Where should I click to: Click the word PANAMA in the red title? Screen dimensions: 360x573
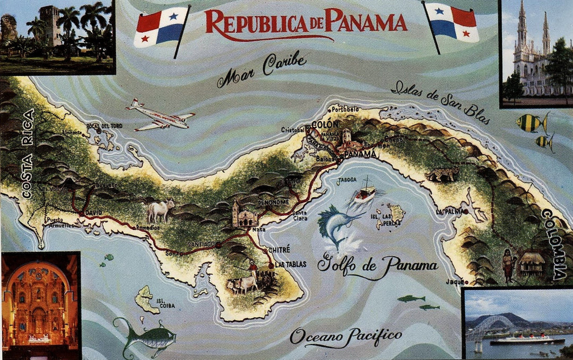(x=366, y=21)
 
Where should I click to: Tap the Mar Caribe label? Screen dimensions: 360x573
(x=262, y=71)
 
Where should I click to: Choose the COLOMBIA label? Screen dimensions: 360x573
(x=555, y=244)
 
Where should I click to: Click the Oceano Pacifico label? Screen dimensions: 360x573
(x=346, y=335)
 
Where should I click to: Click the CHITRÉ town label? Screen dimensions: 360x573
(x=281, y=249)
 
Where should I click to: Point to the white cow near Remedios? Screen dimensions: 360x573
(x=160, y=210)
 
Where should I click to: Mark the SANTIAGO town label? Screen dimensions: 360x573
(x=201, y=244)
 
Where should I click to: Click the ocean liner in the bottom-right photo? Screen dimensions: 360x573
(x=525, y=340)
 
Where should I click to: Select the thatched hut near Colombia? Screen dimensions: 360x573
(x=531, y=262)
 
